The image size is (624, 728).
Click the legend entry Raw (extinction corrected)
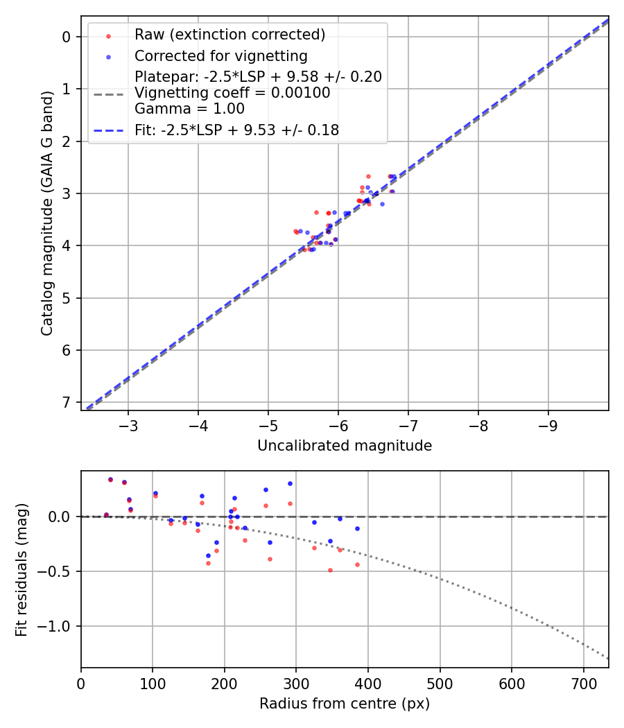point(229,35)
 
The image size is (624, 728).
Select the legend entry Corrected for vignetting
point(220,55)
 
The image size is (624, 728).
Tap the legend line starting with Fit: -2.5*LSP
point(236,130)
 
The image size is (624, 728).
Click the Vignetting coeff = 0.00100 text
point(232,93)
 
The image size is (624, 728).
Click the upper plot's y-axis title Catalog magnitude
point(47,217)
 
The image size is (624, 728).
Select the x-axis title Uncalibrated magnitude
point(345,446)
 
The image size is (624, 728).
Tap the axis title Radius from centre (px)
point(345,704)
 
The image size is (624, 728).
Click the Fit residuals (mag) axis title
point(22,569)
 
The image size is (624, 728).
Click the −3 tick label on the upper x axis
point(128,424)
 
